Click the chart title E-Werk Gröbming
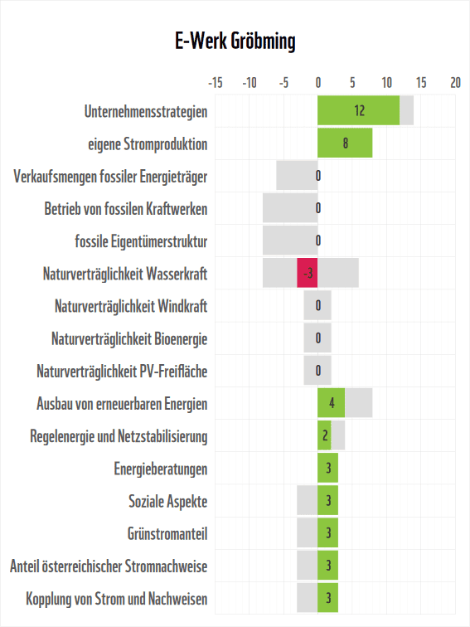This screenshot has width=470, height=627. pos(235,41)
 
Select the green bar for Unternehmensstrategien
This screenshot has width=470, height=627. pos(358,110)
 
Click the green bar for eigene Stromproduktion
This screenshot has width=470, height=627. pos(345,143)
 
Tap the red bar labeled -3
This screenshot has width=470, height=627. pos(308,273)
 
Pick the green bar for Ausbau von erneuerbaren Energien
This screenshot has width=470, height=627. pos(331,404)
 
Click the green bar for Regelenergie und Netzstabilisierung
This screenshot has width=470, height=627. pos(324,436)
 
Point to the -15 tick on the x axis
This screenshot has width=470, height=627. pos(215,83)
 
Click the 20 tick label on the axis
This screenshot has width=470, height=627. pos(455,83)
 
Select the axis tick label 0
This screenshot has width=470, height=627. pos(317,83)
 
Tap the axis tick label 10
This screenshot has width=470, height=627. pos(386,83)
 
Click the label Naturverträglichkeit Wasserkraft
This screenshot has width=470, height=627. pos(124,273)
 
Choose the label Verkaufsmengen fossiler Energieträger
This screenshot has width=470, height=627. pos(110,176)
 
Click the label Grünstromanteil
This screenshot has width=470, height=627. pos(167,533)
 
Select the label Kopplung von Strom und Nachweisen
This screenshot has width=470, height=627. pos(116,599)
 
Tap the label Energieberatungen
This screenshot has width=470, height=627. pos(160,469)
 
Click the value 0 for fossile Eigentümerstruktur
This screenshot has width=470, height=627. pos(317,241)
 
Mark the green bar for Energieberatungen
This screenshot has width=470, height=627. pos(327,469)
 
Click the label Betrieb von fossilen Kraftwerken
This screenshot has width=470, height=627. pos(125,208)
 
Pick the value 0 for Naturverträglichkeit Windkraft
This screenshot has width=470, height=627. pos(317,306)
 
